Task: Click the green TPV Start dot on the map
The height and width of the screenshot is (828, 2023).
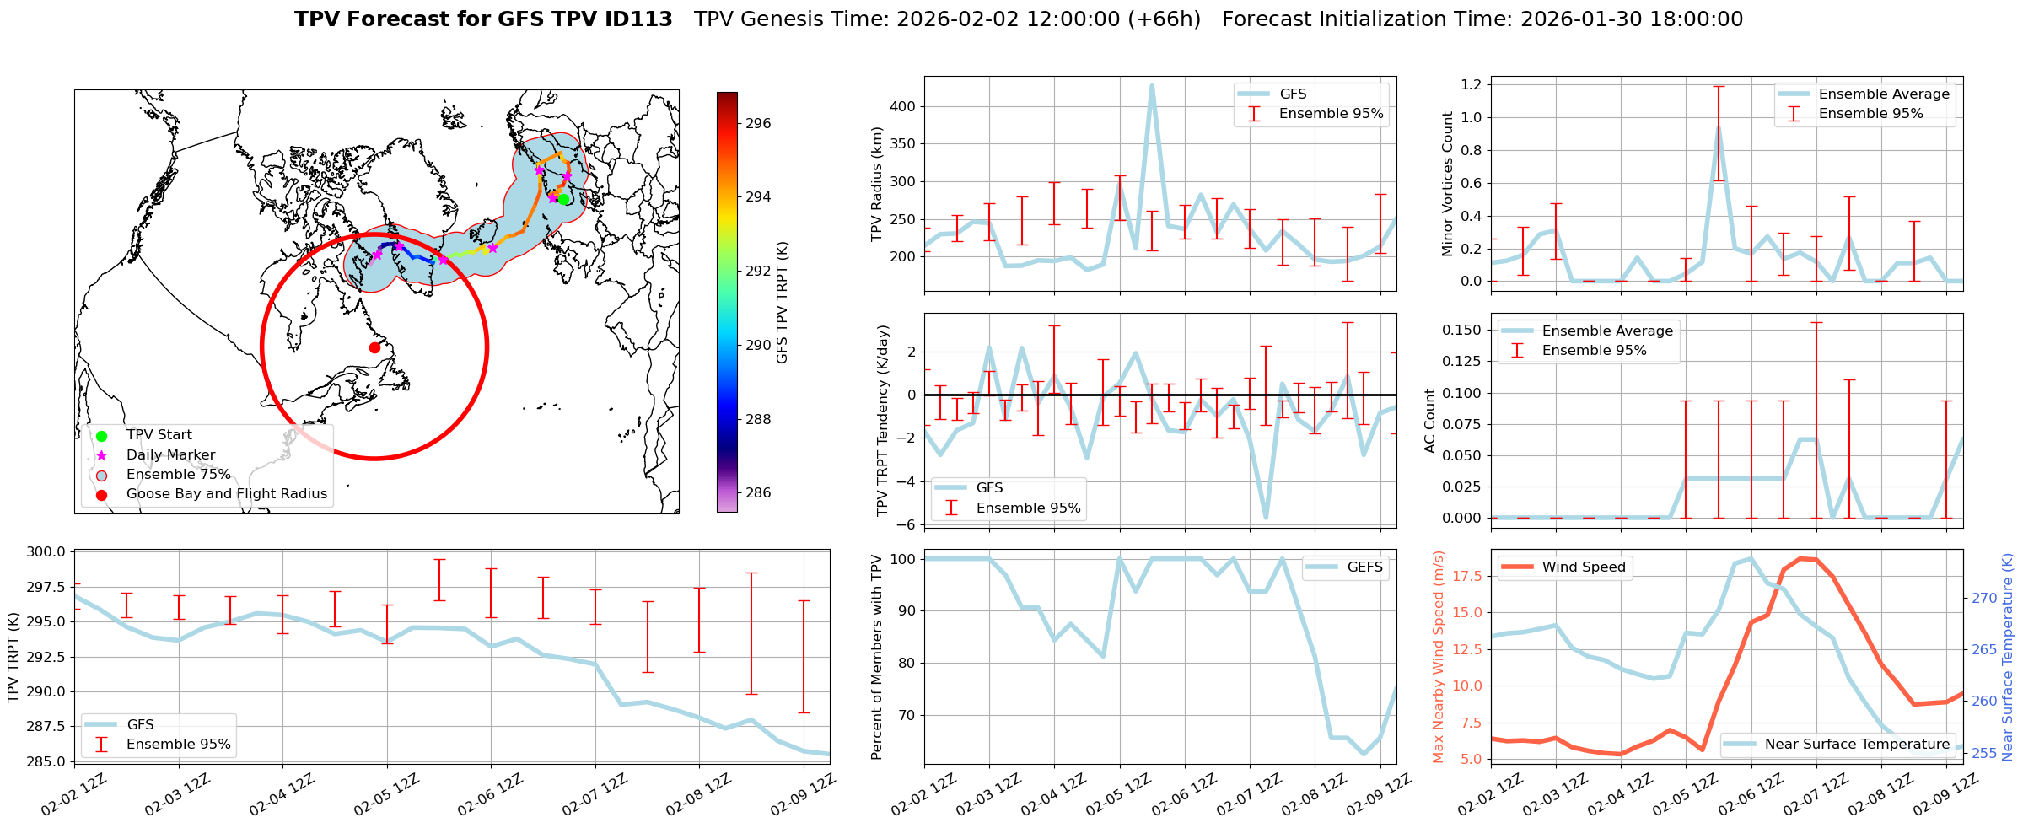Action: point(564,199)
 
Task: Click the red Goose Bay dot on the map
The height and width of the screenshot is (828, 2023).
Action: point(374,347)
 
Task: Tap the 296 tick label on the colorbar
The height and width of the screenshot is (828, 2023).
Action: point(757,123)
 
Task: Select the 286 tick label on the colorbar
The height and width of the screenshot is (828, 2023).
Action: point(757,493)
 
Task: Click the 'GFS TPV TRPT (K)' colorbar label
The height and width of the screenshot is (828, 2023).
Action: point(783,303)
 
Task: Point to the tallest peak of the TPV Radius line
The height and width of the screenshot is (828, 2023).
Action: point(1152,85)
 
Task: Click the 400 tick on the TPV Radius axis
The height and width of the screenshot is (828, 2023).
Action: point(902,107)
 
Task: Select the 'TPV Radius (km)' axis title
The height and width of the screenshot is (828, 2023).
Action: point(878,184)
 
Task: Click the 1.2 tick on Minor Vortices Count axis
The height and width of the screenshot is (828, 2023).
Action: point(1471,84)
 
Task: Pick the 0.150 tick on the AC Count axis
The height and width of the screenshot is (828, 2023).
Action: point(1461,330)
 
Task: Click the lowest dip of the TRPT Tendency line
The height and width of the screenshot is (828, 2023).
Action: point(1266,518)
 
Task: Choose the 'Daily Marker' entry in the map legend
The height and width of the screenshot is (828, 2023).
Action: point(170,454)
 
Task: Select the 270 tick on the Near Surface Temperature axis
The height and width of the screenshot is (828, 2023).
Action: point(1983,598)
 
